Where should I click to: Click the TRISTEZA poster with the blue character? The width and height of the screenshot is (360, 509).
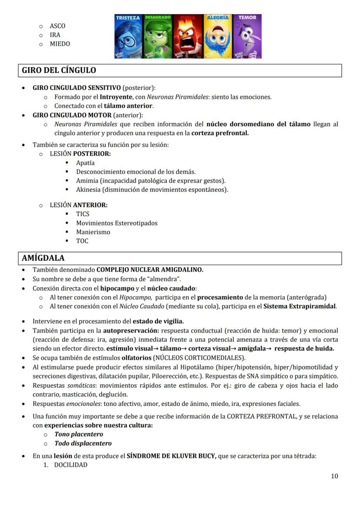coord(128,37)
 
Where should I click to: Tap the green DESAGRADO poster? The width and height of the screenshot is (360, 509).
coord(158,37)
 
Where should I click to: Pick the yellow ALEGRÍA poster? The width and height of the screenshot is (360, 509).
coord(217,37)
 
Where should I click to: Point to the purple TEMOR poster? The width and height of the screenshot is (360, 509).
coord(247,37)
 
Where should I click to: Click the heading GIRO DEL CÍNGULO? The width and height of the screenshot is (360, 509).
coord(59,70)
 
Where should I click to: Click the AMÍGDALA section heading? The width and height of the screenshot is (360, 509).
coord(43,258)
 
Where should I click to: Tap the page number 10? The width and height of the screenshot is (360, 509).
coord(334,476)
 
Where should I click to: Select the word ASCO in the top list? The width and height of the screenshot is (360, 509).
coord(57,26)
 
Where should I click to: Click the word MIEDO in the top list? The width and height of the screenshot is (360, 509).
coord(60,44)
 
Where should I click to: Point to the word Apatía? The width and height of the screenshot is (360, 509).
coord(85,163)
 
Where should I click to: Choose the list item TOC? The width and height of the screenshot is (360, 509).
coord(82,241)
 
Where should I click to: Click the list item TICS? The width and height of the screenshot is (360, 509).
coord(83,214)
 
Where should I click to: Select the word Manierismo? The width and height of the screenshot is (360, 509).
coord(93,232)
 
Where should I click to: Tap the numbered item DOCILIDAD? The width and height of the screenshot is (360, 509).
coord(70,465)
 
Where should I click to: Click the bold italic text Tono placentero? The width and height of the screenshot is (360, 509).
coord(79,434)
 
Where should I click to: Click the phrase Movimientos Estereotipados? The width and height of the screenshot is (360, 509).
coord(117,223)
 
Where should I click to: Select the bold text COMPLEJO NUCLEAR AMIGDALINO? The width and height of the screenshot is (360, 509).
coord(150,269)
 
